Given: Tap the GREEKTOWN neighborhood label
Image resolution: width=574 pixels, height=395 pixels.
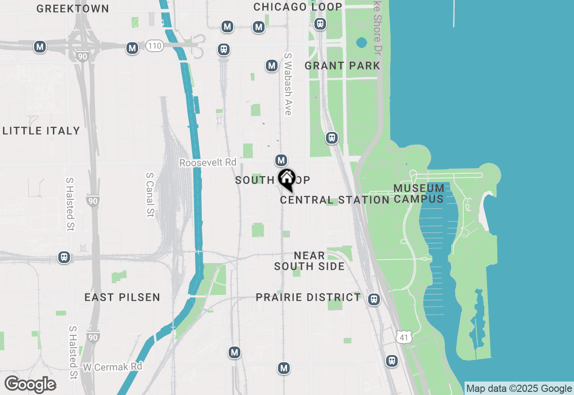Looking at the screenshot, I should (x=73, y=9).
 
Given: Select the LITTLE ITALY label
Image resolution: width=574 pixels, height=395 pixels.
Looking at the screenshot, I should (x=41, y=131).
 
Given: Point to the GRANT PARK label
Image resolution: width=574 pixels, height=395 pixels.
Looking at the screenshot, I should (x=342, y=66).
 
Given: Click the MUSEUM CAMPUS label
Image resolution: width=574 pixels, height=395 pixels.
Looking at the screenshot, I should (x=419, y=193).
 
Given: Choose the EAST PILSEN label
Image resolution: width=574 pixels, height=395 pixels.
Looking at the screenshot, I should (x=122, y=297).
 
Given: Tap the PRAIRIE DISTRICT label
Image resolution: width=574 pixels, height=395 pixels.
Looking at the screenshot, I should (x=308, y=297).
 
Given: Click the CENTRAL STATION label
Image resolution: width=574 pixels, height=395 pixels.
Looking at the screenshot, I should (x=335, y=200).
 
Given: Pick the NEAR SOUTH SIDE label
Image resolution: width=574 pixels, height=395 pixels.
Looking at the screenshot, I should (x=309, y=261).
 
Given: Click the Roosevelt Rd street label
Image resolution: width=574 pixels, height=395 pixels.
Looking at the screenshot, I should (x=208, y=162).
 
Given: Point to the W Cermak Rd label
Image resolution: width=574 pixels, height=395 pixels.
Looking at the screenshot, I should (x=113, y=367).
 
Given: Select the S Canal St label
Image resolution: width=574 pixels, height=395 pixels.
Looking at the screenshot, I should (x=150, y=195).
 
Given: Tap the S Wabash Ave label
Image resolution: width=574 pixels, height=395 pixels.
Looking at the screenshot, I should (x=288, y=84).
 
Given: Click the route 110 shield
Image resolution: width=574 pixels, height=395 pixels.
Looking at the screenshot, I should (x=154, y=45).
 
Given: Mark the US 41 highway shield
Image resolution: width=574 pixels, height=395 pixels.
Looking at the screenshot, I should (x=404, y=336).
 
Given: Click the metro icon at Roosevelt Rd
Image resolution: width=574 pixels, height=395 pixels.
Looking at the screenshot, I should (x=281, y=160).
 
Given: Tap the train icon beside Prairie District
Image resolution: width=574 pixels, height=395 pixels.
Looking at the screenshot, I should (x=374, y=299).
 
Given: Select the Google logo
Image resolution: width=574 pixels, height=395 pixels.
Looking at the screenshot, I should (x=30, y=384).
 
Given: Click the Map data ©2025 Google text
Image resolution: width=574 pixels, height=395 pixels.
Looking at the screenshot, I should (x=519, y=389).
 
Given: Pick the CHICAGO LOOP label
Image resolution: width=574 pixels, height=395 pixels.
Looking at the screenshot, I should (x=298, y=7).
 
